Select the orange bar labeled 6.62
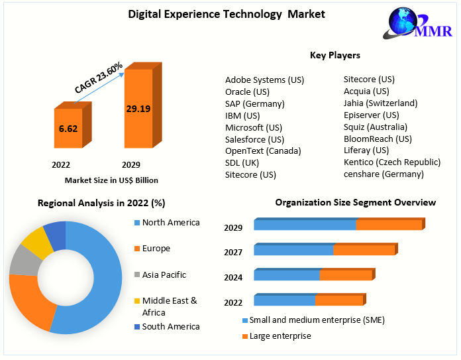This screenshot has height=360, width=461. pos(68,129)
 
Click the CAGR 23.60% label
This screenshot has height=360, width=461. pos(99,78)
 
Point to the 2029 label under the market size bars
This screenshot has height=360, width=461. pos(130,164)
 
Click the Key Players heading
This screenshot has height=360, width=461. pos(334,55)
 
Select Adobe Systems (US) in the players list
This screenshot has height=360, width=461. pos(264,80)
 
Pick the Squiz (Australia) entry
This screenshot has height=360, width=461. pos(375,127)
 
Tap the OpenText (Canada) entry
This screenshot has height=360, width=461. pos(263,150)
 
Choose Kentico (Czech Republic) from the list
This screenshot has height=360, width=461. pos(391,162)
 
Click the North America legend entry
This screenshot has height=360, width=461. pos(170,222)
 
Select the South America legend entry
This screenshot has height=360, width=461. pos(170,326)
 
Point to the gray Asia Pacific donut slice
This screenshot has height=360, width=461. pos(25,261)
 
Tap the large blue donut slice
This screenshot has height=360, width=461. pos(99,278)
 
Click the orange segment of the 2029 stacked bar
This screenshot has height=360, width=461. pos(388,225)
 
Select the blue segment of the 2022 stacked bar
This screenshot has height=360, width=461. pos(284,301)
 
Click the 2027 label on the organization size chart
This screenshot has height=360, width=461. pos(233,252)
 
